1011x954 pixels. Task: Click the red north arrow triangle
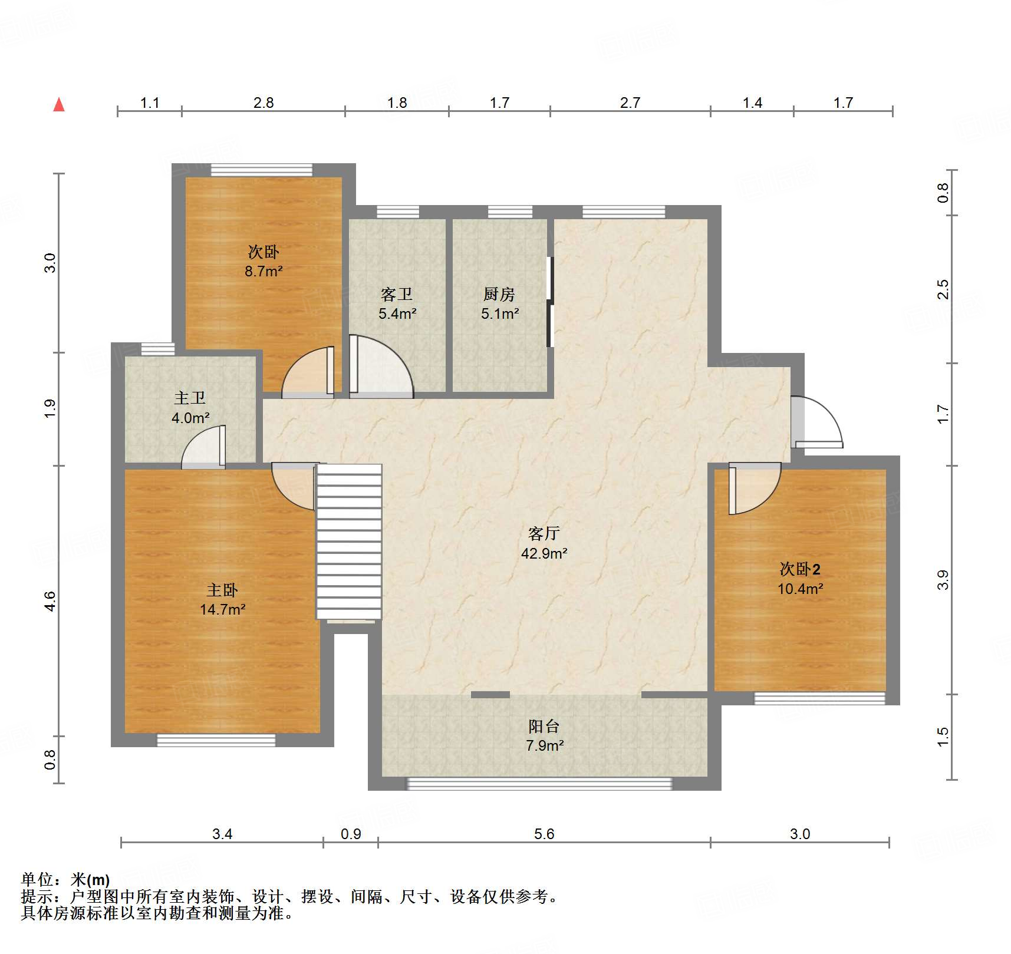pyautogui.click(x=59, y=105)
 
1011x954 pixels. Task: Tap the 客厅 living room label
pyautogui.click(x=544, y=534)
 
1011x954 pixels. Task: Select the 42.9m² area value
pyautogui.click(x=544, y=553)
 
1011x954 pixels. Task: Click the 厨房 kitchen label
pyautogui.click(x=499, y=294)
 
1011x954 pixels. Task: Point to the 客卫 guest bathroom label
pyautogui.click(x=397, y=294)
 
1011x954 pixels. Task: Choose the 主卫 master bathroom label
pyautogui.click(x=190, y=398)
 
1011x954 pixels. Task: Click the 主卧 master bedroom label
pyautogui.click(x=222, y=590)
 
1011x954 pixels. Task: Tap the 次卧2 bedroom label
pyautogui.click(x=800, y=569)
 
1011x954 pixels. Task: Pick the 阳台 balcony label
pyautogui.click(x=544, y=727)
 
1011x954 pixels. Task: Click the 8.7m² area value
pyautogui.click(x=264, y=272)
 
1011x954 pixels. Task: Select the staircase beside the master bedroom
pyautogui.click(x=349, y=542)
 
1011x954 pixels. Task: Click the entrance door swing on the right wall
pyautogui.click(x=816, y=422)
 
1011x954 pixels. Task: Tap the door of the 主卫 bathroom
pyautogui.click(x=203, y=447)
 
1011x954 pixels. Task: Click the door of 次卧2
pyautogui.click(x=755, y=488)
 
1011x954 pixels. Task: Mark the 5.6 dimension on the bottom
pyautogui.click(x=544, y=834)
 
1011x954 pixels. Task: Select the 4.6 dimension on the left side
pyautogui.click(x=50, y=601)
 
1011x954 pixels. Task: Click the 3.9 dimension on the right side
pyautogui.click(x=943, y=580)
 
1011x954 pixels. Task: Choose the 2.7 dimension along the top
pyautogui.click(x=630, y=103)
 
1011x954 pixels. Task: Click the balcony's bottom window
pyautogui.click(x=539, y=784)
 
